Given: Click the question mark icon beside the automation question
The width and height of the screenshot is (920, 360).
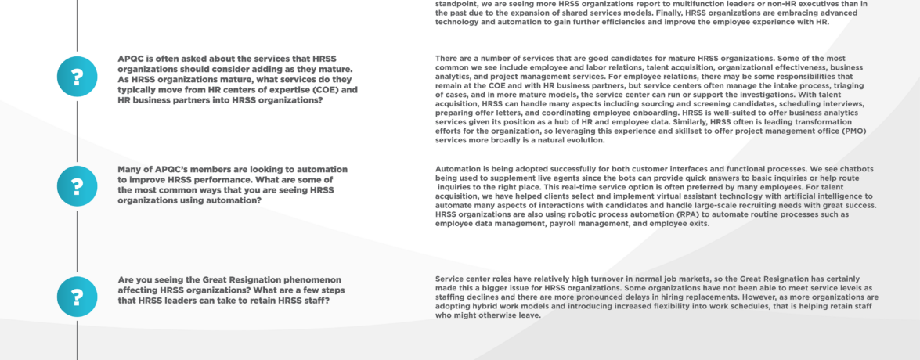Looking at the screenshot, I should pyautogui.click(x=77, y=187).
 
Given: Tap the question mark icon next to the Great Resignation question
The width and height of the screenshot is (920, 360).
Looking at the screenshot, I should pyautogui.click(x=77, y=297).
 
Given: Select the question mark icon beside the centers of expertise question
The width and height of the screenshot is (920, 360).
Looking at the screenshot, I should pyautogui.click(x=77, y=77).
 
